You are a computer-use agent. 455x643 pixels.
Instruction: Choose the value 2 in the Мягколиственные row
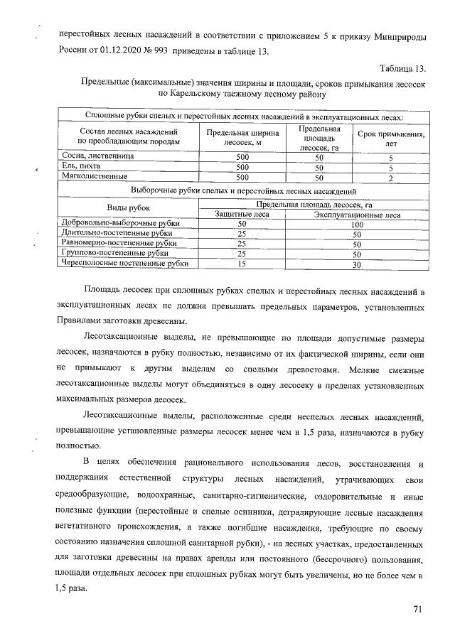pyautogui.click(x=390, y=178)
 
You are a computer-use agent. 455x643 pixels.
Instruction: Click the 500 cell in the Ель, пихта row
pyautogui.click(x=242, y=167)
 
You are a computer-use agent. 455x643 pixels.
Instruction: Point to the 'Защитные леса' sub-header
pyautogui.click(x=242, y=214)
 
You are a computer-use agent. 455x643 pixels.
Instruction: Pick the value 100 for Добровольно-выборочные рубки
pyautogui.click(x=358, y=224)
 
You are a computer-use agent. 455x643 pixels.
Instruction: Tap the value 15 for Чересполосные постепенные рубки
pyautogui.click(x=242, y=264)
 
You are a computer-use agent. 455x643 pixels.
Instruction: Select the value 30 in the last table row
pyautogui.click(x=358, y=264)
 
